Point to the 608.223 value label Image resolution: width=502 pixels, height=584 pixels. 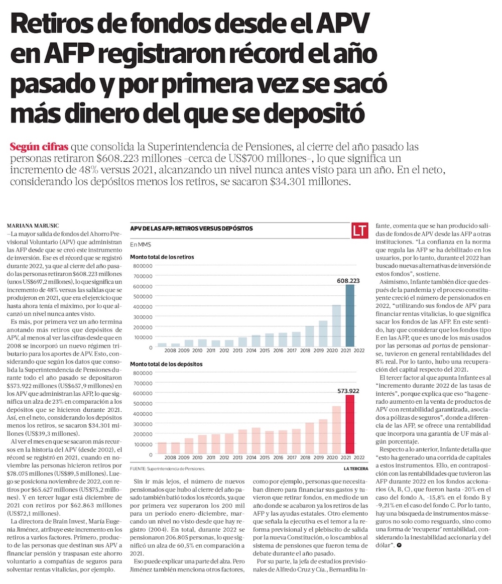pyautogui.click(x=346, y=281)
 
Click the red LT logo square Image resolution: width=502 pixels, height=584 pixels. pyautogui.click(x=359, y=230)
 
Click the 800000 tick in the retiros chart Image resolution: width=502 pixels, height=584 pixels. pyautogui.click(x=144, y=266)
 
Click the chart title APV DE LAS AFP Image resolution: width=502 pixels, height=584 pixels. pyautogui.click(x=191, y=228)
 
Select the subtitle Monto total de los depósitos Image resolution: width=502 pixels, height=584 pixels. pyautogui.click(x=166, y=364)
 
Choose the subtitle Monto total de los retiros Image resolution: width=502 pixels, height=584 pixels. pyautogui.click(x=162, y=257)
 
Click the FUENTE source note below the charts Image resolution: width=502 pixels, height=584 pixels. pyautogui.click(x=167, y=468)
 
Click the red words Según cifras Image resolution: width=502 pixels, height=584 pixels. pyautogui.click(x=39, y=148)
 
